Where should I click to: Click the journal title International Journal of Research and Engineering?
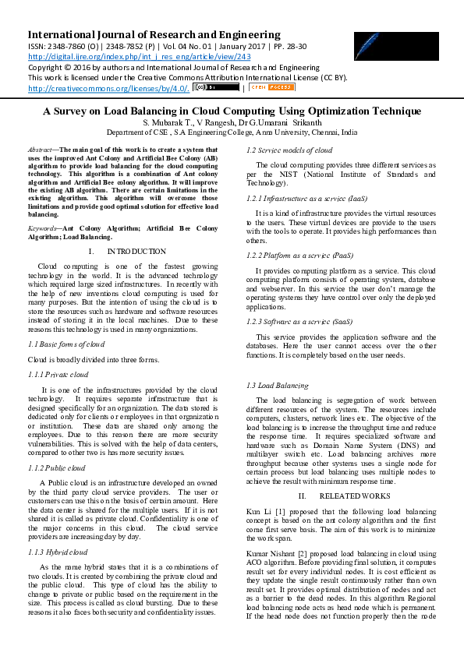[154, 35]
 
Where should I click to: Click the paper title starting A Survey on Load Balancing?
[232, 111]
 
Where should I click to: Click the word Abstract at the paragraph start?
[39, 149]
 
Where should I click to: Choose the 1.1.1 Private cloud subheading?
[58, 374]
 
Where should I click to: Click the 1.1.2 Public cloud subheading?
[57, 467]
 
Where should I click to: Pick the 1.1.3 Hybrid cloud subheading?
[58, 552]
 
